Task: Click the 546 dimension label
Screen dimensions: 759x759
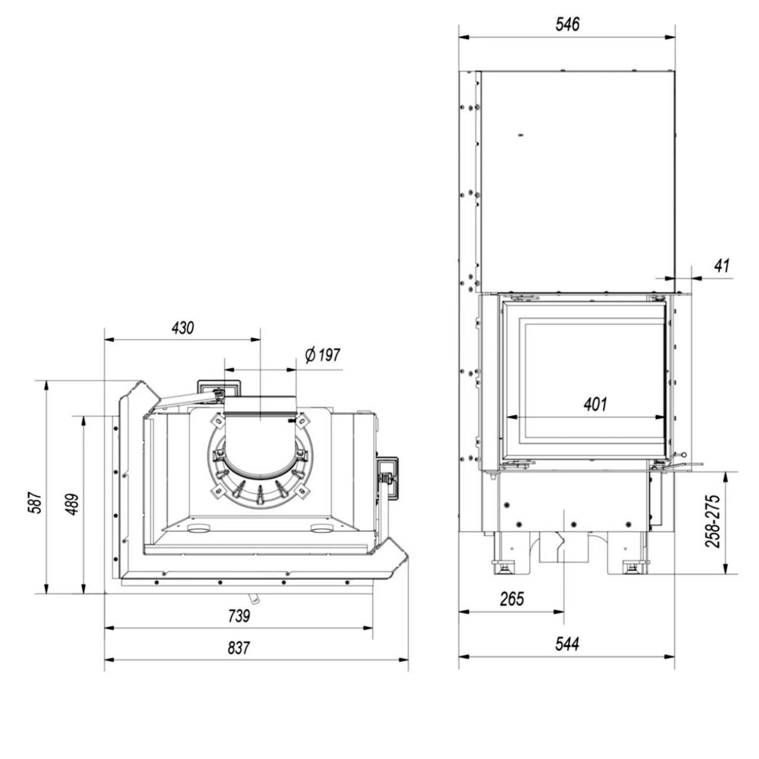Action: pyautogui.click(x=567, y=24)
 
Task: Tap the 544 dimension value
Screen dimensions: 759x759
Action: pyautogui.click(x=567, y=643)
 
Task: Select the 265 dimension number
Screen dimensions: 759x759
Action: pyautogui.click(x=512, y=599)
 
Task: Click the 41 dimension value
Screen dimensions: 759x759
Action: pyautogui.click(x=722, y=266)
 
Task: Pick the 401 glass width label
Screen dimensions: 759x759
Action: pyautogui.click(x=595, y=404)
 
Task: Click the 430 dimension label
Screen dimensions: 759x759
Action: pyautogui.click(x=183, y=328)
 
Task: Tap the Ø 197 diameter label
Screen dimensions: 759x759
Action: pyautogui.click(x=323, y=355)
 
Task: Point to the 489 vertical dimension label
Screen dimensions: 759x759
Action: pyautogui.click(x=72, y=504)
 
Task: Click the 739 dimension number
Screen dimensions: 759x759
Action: pyautogui.click(x=239, y=616)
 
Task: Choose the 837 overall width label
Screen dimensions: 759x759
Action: pyautogui.click(x=239, y=648)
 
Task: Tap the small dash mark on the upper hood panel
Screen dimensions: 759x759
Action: pyautogui.click(x=521, y=135)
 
